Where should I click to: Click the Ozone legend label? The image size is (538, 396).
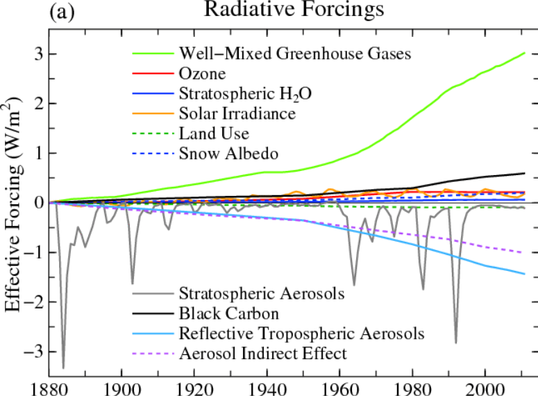click(202, 74)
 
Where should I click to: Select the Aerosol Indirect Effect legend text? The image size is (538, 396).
click(263, 354)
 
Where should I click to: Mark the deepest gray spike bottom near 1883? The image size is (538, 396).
click(63, 368)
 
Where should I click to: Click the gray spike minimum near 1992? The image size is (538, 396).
click(455, 343)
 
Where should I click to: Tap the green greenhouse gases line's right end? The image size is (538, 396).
click(524, 53)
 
